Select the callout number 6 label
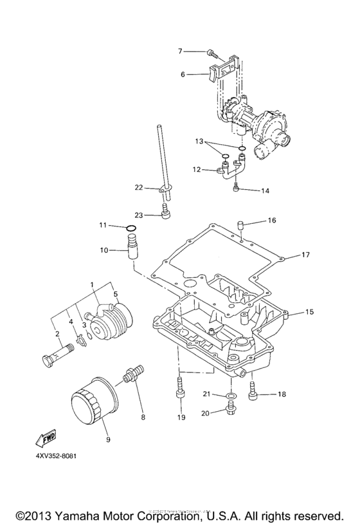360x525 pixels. pyautogui.click(x=183, y=75)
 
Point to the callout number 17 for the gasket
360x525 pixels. pyautogui.click(x=306, y=255)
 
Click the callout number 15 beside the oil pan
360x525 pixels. pyautogui.click(x=309, y=312)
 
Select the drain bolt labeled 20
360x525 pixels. pyautogui.click(x=230, y=406)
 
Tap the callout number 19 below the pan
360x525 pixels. pyautogui.click(x=181, y=418)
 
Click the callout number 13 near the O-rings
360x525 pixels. pyautogui.click(x=199, y=140)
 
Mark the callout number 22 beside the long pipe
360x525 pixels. pyautogui.click(x=138, y=187)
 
